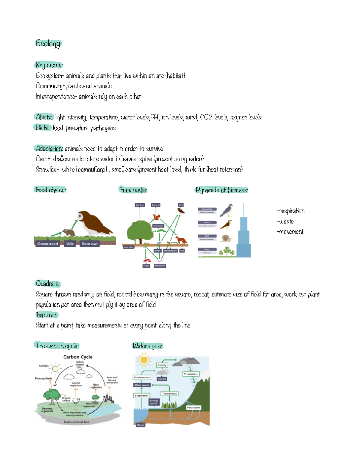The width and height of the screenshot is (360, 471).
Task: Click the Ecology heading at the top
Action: [x=48, y=43]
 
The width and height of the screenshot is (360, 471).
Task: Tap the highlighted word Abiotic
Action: [x=44, y=117]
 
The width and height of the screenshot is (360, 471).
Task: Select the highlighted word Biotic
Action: [x=43, y=127]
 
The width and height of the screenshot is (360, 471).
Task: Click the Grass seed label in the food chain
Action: [x=47, y=244]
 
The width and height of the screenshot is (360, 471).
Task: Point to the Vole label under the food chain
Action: [x=70, y=244]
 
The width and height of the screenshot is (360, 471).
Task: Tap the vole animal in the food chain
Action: [x=69, y=233]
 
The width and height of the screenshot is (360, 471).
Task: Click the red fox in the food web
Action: [x=181, y=240]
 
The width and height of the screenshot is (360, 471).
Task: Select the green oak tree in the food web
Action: [x=140, y=231]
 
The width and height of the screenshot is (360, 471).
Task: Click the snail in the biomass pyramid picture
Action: [x=226, y=238]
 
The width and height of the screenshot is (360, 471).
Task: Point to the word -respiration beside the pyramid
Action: [x=291, y=211]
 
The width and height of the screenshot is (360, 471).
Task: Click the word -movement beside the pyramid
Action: [x=290, y=232]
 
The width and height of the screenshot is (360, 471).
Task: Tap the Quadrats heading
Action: [x=48, y=283]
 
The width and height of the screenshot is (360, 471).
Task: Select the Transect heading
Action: [x=46, y=315]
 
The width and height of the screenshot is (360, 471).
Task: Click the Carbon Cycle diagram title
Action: [x=78, y=357]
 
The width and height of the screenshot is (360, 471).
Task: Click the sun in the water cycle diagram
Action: [x=144, y=360]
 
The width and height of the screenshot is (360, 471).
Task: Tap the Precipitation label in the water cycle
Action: [x=191, y=374]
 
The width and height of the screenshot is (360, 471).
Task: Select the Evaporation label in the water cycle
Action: [x=142, y=395]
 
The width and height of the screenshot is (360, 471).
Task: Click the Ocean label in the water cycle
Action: [x=140, y=425]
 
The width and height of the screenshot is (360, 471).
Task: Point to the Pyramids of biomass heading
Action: [x=221, y=190]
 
